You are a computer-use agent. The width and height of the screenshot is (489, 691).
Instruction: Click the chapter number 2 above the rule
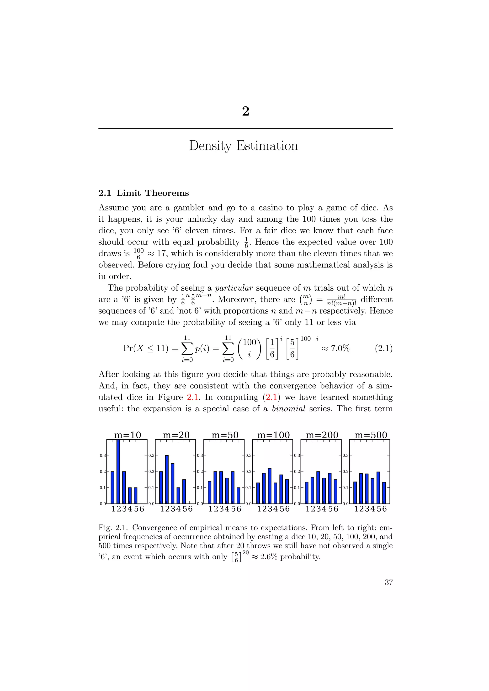(x=245, y=111)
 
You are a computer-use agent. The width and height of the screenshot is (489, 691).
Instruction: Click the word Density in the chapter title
(x=210, y=146)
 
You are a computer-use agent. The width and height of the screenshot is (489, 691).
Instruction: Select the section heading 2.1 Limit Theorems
(x=144, y=193)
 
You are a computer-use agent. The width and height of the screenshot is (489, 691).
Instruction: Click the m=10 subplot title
(x=127, y=435)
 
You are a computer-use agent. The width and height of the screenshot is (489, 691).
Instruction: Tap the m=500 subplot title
(x=371, y=435)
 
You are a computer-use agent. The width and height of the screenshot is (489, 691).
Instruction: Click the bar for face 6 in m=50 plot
(x=239, y=495)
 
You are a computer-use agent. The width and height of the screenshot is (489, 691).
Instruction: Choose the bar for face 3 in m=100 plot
(x=270, y=486)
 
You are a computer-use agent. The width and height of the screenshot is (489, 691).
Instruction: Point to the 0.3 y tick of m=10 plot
(x=103, y=455)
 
